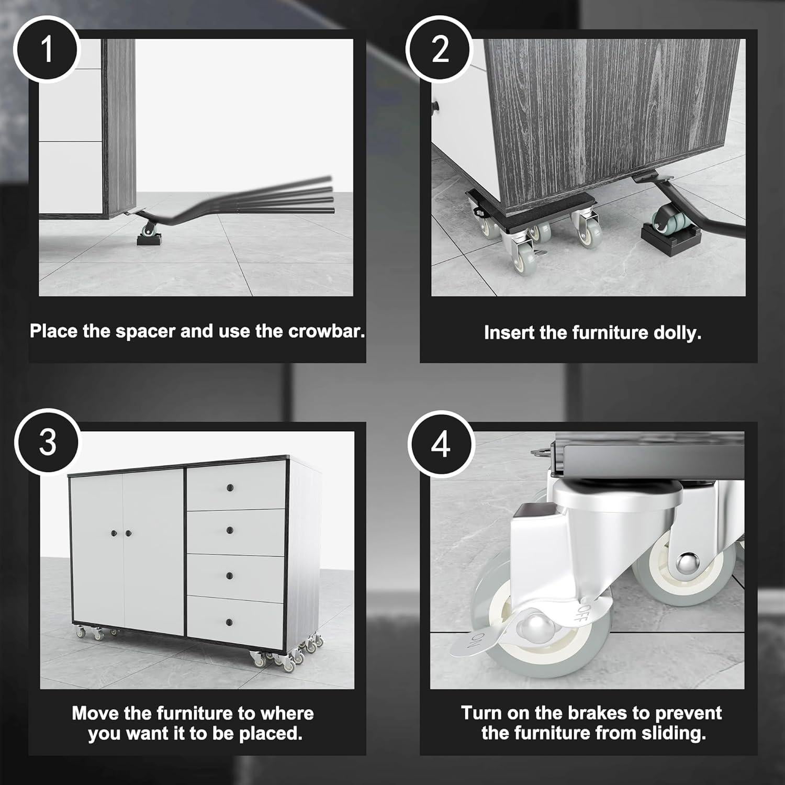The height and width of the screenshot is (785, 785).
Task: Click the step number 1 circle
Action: (47, 50)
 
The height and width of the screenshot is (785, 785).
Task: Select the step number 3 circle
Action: (48, 443)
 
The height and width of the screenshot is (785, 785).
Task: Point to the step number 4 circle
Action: (441, 444)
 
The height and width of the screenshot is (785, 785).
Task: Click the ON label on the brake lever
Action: (479, 640)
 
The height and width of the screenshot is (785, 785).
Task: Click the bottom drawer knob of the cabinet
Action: (229, 621)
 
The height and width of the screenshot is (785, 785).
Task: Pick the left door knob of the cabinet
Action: (113, 533)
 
